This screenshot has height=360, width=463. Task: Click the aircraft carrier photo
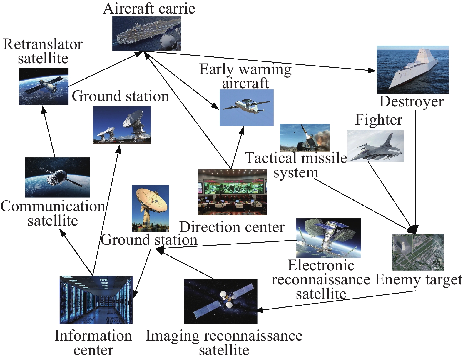147,34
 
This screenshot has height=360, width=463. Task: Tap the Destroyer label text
412,102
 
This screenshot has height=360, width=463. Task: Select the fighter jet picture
376,146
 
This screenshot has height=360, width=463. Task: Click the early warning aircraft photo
247,108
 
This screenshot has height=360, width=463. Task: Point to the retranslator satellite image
44,86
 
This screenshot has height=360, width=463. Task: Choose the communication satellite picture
58,177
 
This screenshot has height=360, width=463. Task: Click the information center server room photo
96,300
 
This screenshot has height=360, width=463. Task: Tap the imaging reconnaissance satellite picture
220,301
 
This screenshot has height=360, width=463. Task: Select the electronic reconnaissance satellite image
328,238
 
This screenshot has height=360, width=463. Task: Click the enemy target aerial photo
418,252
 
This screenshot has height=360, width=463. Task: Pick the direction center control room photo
233,192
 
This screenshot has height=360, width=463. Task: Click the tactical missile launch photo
305,138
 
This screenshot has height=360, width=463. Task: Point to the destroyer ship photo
412,69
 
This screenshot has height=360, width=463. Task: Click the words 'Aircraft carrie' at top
149,9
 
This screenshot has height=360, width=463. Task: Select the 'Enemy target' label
419,280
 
